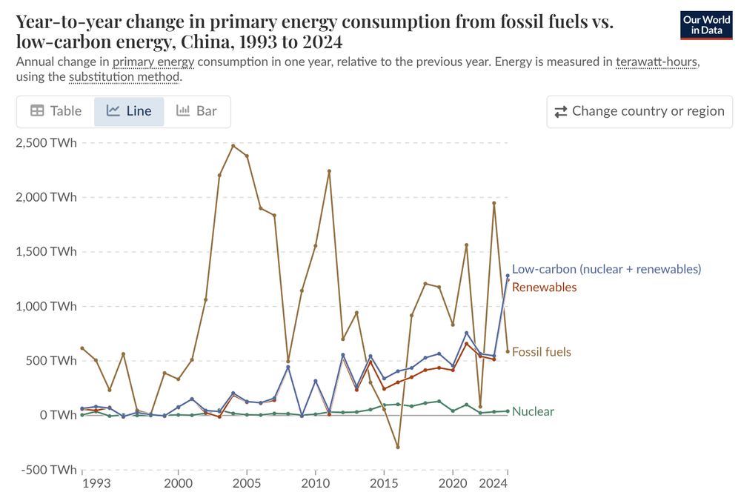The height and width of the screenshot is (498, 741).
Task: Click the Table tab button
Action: click(x=56, y=111)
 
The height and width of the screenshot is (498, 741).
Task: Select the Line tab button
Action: click(x=129, y=111)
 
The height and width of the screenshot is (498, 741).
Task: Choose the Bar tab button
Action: click(x=196, y=111)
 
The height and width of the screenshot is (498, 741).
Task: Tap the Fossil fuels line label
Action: click(x=541, y=352)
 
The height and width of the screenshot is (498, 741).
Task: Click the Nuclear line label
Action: click(x=533, y=411)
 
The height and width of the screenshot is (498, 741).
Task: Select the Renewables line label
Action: click(x=544, y=288)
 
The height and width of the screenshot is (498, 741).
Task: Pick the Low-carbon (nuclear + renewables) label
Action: click(x=606, y=269)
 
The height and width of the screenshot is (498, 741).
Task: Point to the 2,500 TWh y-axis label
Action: click(x=46, y=143)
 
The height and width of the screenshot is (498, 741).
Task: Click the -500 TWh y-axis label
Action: click(x=46, y=470)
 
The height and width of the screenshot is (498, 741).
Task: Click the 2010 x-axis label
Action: click(x=316, y=484)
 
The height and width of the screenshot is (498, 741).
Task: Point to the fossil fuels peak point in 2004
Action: click(x=233, y=145)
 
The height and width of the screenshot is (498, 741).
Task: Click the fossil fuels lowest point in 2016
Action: click(x=398, y=447)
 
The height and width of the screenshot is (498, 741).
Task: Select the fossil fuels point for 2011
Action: click(x=329, y=171)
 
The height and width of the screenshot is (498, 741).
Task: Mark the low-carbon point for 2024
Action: click(x=508, y=276)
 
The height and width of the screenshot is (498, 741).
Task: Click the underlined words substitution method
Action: click(x=124, y=76)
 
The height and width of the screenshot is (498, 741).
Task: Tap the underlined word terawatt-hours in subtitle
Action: click(x=657, y=62)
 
